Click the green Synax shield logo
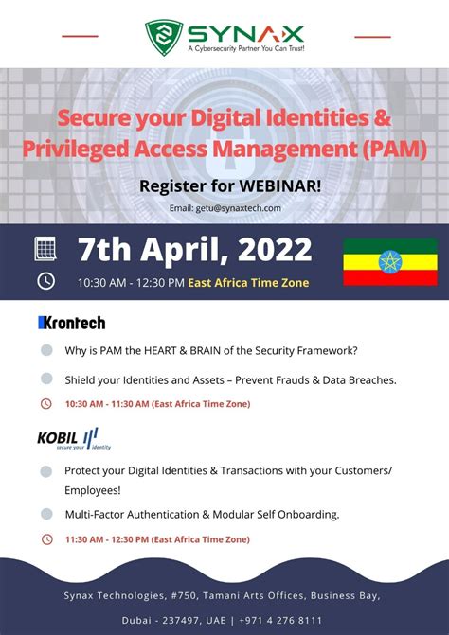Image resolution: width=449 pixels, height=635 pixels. point(164,36)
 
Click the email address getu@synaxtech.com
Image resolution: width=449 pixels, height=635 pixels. point(225,208)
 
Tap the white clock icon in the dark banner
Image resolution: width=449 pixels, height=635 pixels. point(45,281)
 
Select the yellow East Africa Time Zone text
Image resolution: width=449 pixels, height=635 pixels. point(248,282)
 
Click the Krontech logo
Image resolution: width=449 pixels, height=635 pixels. point(71,323)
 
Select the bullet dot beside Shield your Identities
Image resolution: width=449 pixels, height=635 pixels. point(46,379)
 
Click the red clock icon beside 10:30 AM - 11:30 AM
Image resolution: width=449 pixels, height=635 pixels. point(46,404)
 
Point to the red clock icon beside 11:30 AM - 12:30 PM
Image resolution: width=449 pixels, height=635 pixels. point(46,539)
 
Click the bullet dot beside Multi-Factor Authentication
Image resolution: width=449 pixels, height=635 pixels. point(46,514)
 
